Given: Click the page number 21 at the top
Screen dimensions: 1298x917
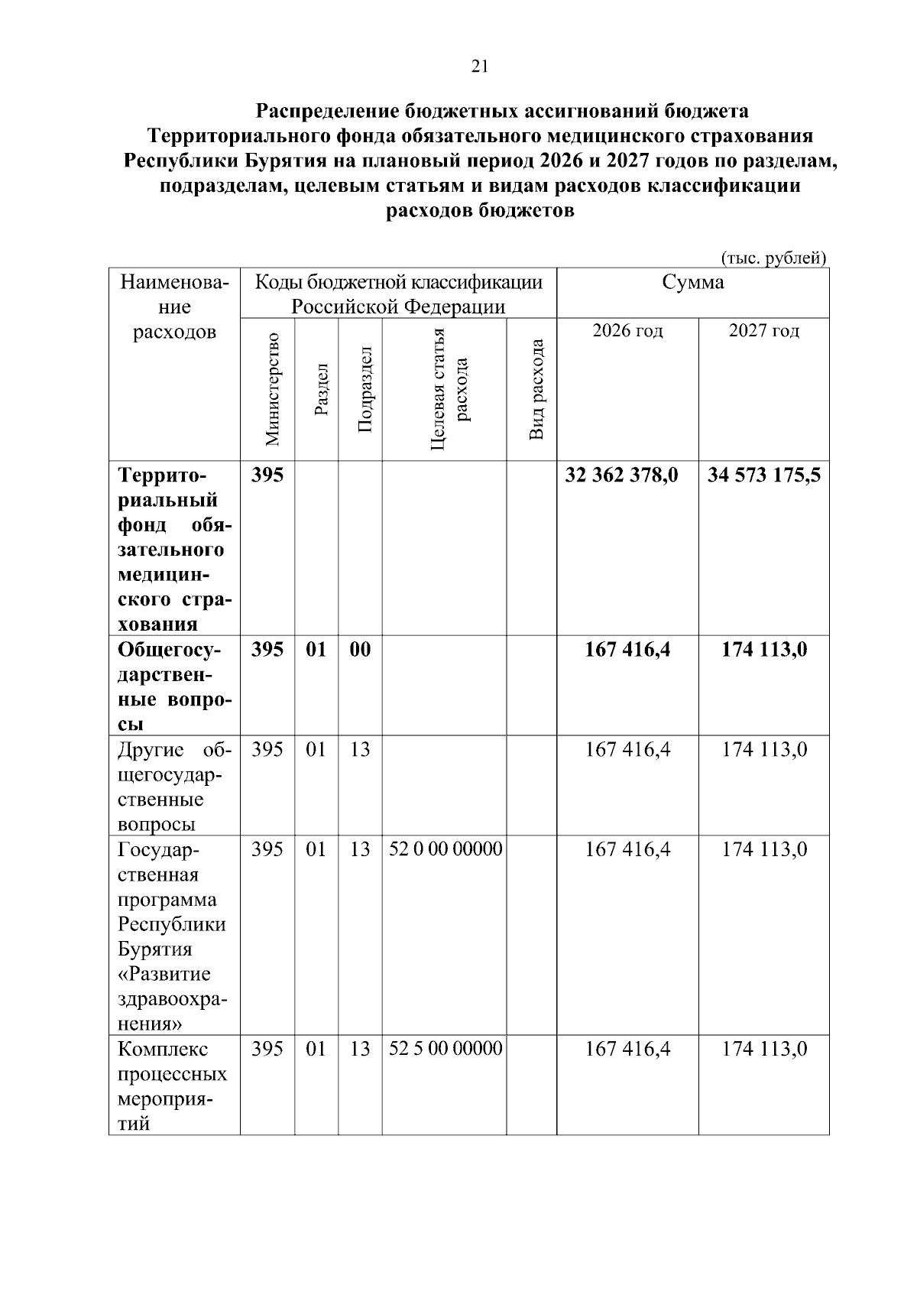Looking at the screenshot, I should [479, 67].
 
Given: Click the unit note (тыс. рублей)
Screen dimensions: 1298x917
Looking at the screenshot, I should [773, 258].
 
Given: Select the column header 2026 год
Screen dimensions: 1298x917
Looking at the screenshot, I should [627, 330].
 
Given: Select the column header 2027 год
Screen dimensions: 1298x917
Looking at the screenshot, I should [763, 330].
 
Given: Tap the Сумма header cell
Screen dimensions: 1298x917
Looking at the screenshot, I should [692, 283].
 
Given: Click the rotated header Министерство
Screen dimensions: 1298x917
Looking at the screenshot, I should [272, 389].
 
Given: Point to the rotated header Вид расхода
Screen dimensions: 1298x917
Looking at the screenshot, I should [536, 389].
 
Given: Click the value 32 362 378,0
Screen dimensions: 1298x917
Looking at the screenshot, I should [621, 475].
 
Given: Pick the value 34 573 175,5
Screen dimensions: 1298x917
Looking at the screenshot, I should [763, 475].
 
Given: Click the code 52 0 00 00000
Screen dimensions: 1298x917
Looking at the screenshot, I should [446, 849].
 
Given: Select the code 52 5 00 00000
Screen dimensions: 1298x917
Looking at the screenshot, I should [446, 1048].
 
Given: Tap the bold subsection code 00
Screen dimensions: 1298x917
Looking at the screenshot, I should [360, 650].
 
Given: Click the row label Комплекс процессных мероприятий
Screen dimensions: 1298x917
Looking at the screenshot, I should [172, 1085].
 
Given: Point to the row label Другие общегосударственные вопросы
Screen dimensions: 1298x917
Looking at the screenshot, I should [173, 787].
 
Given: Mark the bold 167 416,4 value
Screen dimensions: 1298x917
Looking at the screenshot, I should [627, 650].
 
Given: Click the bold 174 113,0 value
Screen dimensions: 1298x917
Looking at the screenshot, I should [763, 650].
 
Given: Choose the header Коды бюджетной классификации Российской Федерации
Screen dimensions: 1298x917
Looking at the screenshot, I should [398, 294].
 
